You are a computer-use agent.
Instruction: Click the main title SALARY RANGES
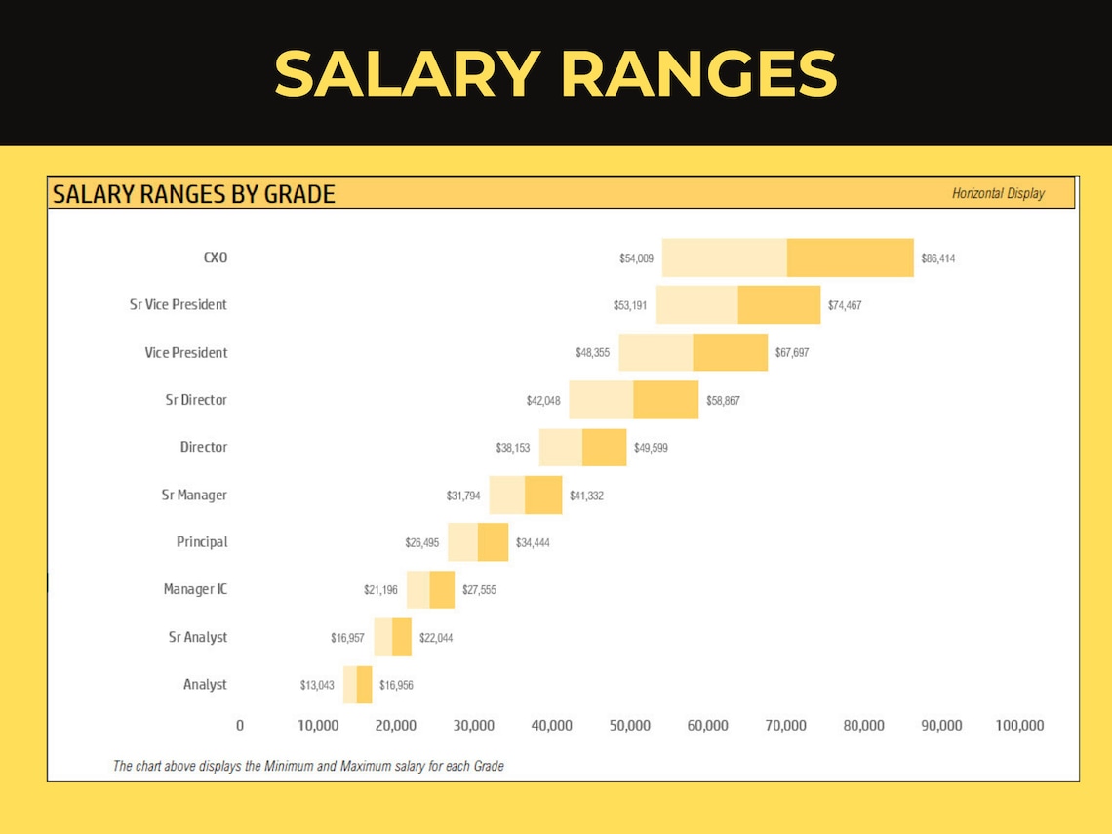(555, 74)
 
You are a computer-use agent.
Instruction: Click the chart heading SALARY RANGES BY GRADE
(194, 194)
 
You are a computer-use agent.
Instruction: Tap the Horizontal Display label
(998, 194)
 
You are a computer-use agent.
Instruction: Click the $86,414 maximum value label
(937, 258)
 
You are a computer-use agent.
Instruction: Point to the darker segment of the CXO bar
(850, 258)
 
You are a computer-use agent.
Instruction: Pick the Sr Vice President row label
(179, 304)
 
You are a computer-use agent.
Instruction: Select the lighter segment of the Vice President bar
(655, 352)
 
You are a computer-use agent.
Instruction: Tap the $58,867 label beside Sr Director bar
(723, 400)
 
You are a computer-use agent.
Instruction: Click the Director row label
(204, 447)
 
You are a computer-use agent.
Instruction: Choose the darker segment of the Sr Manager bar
(543, 495)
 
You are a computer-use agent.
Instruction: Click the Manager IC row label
(195, 589)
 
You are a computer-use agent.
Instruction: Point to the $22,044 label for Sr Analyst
(436, 638)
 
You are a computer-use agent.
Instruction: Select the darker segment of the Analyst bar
(364, 685)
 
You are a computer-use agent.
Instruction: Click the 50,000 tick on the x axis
(630, 726)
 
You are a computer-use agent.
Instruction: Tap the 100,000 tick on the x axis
(1019, 726)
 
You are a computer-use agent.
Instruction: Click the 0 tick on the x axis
(240, 726)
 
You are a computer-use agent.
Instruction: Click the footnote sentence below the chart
(308, 766)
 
